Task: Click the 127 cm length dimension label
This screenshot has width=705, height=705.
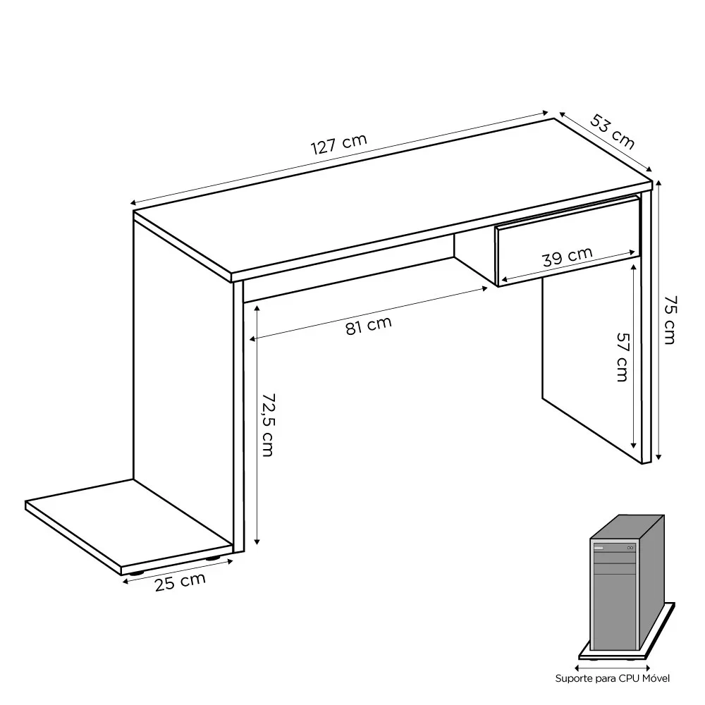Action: click(339, 144)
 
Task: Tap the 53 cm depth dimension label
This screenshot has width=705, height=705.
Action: click(612, 132)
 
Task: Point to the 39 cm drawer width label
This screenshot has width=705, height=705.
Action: click(567, 256)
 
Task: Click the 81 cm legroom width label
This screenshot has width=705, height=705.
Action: click(368, 326)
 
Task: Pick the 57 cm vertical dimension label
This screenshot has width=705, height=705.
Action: click(620, 357)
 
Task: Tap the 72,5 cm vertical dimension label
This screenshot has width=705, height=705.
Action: click(266, 424)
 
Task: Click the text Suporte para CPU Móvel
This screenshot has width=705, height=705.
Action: click(612, 678)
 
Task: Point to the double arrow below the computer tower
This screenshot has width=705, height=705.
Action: click(612, 665)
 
